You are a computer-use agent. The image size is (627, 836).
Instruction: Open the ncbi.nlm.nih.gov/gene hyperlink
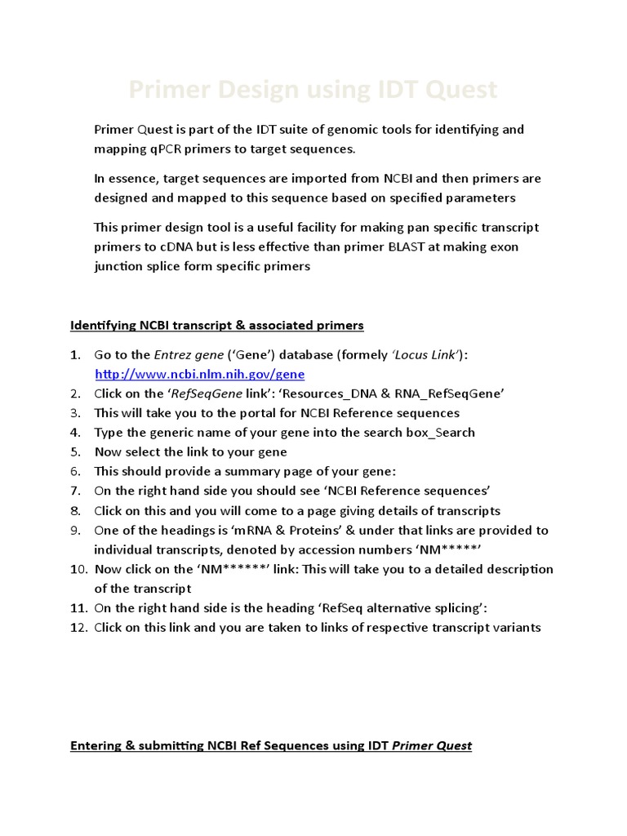200,374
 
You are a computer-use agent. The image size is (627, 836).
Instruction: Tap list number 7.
75,491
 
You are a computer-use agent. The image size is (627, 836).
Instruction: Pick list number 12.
78,628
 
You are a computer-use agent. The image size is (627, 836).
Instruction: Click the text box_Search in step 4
440,433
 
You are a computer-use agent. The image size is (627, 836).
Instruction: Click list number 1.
75,354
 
